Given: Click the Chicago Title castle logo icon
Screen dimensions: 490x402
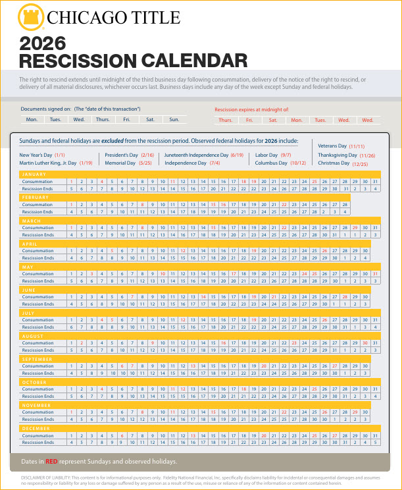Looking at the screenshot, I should click(x=28, y=16).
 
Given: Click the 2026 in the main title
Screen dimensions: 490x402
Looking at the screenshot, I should click(x=43, y=44).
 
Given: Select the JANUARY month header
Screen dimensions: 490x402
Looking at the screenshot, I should click(x=34, y=174).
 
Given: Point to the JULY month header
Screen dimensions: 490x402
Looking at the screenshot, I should click(x=29, y=313).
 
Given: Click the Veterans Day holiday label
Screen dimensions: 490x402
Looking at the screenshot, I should click(x=332, y=146).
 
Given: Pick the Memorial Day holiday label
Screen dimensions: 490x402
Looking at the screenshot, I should click(x=120, y=162).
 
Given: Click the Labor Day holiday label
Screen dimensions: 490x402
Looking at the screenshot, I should click(x=267, y=155).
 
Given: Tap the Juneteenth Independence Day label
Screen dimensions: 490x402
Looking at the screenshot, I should click(x=196, y=155).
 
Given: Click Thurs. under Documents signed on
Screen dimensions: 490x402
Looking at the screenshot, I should click(x=103, y=119).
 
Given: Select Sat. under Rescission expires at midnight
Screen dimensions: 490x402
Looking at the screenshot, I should click(x=273, y=120).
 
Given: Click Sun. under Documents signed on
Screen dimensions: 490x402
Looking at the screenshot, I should click(x=174, y=119).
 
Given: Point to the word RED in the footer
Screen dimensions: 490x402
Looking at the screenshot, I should click(x=53, y=462).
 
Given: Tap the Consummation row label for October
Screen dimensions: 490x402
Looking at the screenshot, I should click(x=38, y=389).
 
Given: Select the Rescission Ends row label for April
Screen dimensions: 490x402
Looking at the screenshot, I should click(x=38, y=258).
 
